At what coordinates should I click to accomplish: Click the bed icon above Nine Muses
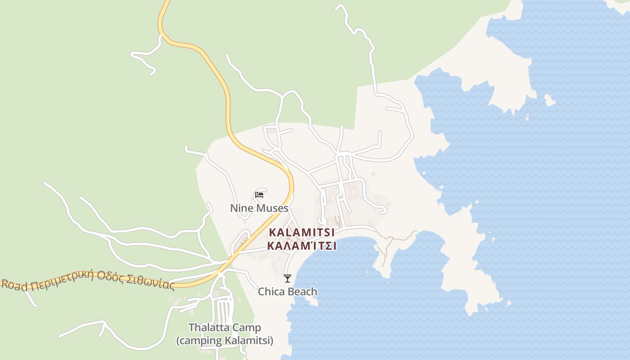pos(259,194)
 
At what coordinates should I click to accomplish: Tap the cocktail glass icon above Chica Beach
pos(288,279)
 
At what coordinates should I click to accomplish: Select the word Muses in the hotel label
pos(272,208)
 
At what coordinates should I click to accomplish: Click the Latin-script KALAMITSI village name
pos(301,233)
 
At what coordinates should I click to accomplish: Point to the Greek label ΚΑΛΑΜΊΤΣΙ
pos(301,246)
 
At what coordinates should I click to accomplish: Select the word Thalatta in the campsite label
pos(209,328)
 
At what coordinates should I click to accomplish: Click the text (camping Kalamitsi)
pos(225,341)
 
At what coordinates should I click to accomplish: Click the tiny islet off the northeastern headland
pos(549,100)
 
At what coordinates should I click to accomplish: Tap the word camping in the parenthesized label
pos(201,341)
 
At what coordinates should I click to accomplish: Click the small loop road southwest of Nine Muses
pos(241,241)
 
